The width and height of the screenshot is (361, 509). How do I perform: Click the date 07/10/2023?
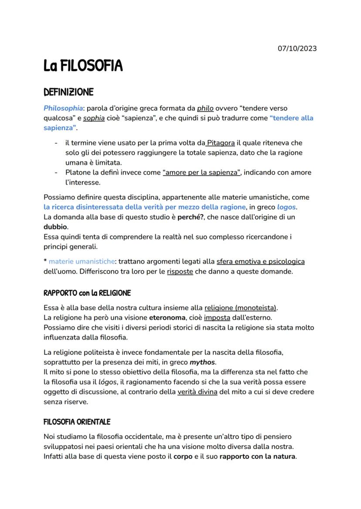coord(297,48)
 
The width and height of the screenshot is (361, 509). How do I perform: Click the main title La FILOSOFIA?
coord(83,66)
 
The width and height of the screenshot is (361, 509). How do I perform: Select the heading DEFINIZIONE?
coord(68,92)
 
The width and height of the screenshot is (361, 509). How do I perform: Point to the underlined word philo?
coord(205,108)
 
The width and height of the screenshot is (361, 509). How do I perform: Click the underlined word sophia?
coord(94,118)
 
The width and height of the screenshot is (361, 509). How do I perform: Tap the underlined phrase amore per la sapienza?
coord(201,172)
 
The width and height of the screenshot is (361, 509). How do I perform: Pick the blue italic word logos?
coord(286,207)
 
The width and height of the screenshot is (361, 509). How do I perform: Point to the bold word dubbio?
coord(55,227)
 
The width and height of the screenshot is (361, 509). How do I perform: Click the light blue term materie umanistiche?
coord(82,262)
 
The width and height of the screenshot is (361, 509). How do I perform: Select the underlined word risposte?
coord(180,272)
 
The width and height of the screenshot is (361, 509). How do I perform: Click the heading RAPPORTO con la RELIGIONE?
coord(87,293)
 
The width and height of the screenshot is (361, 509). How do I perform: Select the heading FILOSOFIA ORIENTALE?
coord(77,422)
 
